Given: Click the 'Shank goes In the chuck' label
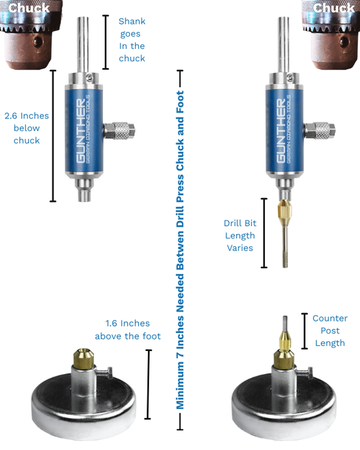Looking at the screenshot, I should [x=132, y=40].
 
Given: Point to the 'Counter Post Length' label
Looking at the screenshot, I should [x=330, y=330].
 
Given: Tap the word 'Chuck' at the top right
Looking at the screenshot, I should [x=334, y=8].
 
